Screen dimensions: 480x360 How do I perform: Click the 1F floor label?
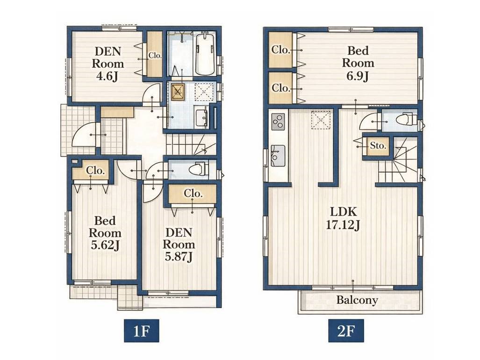(142, 331)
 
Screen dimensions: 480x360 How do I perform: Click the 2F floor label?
(346, 331)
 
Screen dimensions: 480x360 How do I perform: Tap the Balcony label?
(357, 300)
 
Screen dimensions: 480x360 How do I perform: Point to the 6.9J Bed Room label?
(358, 63)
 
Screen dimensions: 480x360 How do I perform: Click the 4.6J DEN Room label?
(108, 64)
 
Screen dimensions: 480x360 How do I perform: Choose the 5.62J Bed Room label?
(105, 233)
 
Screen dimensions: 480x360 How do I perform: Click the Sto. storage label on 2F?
(378, 146)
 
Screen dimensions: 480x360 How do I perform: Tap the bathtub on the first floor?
(205, 55)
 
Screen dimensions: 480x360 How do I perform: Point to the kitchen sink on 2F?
(278, 156)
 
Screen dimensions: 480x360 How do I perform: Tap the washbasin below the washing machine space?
(201, 118)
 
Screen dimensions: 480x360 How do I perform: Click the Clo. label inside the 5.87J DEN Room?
(193, 194)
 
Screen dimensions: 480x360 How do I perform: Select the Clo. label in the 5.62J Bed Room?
(95, 170)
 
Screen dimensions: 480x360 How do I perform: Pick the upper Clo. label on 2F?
(280, 50)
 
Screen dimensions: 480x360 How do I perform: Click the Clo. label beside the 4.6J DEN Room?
(155, 56)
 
